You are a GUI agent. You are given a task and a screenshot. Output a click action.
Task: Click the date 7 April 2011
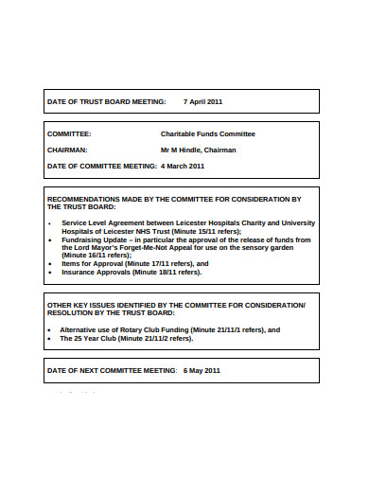202,100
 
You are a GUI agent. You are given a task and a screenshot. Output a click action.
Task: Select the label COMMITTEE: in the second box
69,134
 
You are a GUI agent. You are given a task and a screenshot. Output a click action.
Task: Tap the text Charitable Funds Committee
208,134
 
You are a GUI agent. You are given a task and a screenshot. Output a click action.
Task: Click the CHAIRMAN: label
68,150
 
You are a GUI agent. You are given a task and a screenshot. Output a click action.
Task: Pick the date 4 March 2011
183,166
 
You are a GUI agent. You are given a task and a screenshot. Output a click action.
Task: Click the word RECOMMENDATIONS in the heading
83,199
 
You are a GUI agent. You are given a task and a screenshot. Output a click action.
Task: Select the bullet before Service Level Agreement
49,222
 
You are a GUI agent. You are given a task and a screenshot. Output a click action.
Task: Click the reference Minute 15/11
207,231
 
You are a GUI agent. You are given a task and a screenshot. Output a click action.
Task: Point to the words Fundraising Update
91,239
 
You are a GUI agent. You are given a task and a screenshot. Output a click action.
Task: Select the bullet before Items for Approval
49,264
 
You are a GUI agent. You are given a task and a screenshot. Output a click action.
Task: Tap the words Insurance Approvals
96,272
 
